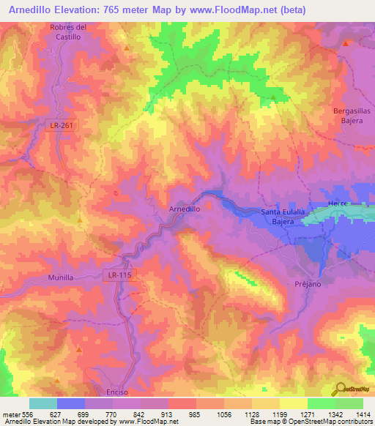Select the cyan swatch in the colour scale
pyautogui.click(x=42, y=403)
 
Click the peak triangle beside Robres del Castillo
pyautogui.click(x=127, y=48)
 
